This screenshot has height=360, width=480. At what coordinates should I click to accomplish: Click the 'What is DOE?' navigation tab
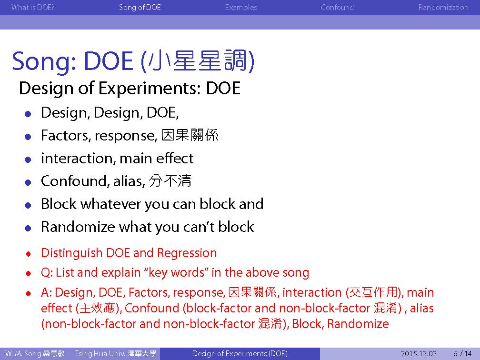coord(33,7)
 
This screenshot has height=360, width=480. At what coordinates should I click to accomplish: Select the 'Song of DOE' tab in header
coord(140,7)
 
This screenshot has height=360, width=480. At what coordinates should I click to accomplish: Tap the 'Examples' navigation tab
coord(241,7)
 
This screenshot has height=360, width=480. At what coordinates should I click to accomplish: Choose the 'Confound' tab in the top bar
coord(337,7)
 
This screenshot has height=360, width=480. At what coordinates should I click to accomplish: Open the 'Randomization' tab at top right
coord(443,7)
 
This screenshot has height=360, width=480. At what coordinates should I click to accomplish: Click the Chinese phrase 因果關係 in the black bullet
coord(190,135)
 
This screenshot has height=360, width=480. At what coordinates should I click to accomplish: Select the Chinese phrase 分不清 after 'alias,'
coord(170,180)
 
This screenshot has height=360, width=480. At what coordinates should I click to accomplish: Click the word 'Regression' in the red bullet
coord(187,253)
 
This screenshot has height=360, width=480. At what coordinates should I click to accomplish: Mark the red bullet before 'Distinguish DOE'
coord(29,254)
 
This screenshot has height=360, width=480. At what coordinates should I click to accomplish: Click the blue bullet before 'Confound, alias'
coord(28,183)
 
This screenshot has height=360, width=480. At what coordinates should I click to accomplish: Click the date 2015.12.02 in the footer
coord(419,353)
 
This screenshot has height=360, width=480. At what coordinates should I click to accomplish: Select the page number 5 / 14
coord(463,353)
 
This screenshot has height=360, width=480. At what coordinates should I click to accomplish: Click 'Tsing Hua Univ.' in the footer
coord(100,353)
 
